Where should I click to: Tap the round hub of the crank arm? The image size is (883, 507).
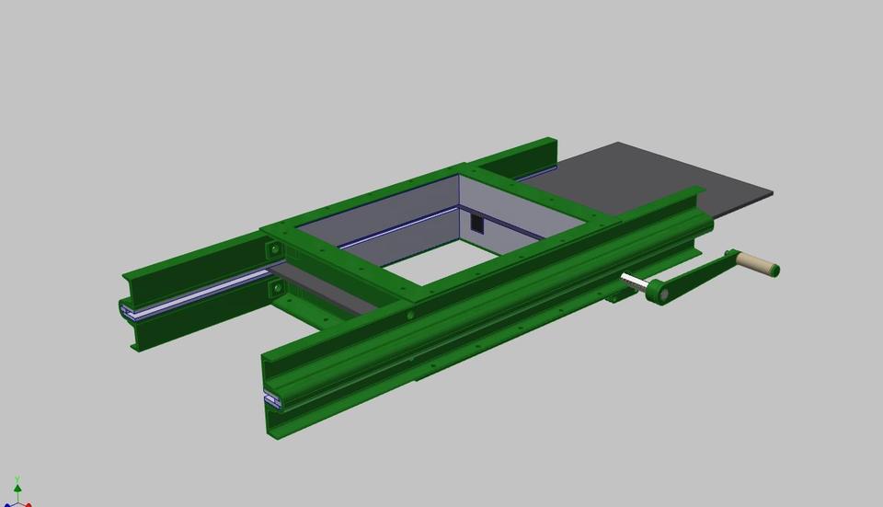point(657,293)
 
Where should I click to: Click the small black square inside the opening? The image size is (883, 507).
point(476,224)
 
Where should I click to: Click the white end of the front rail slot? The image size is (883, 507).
point(272,399)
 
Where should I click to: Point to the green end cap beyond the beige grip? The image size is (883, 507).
point(774,271)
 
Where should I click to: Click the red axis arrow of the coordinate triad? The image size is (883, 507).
point(28,504)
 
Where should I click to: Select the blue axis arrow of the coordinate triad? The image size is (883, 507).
point(7,504)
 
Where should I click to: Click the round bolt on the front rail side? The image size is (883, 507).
point(410,316)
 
